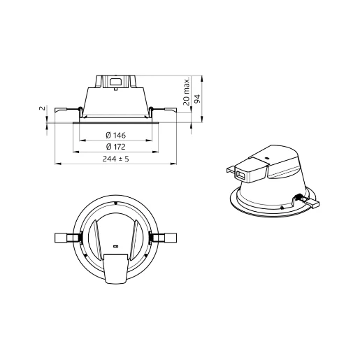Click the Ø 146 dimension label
click(x=115, y=135)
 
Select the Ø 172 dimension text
click(x=115, y=147)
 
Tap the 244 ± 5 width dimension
click(x=115, y=159)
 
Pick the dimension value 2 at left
click(x=42, y=109)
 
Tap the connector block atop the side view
click(x=115, y=80)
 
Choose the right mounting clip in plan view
click(x=166, y=238)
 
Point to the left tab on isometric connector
click(x=230, y=169)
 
